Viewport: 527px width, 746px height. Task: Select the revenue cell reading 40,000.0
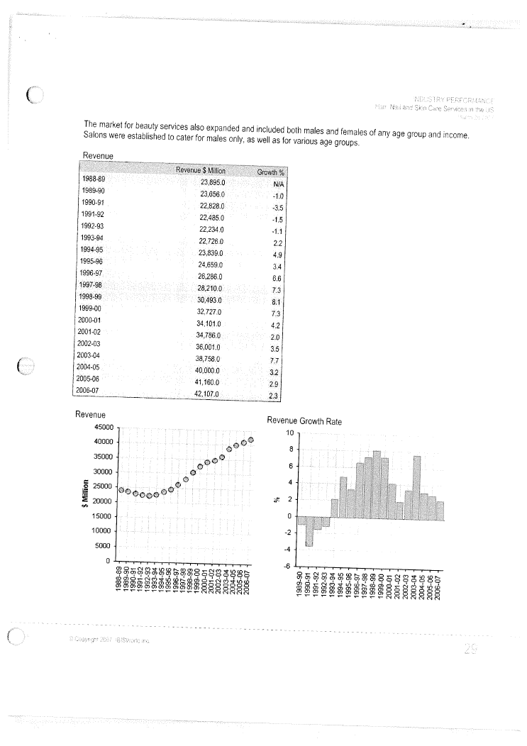[x=210, y=370]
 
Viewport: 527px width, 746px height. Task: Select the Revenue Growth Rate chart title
[x=304, y=421]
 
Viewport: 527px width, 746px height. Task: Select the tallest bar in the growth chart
[x=377, y=484]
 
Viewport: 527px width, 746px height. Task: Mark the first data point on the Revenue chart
[x=121, y=489]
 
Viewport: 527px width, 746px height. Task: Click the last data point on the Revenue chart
[x=251, y=441]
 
